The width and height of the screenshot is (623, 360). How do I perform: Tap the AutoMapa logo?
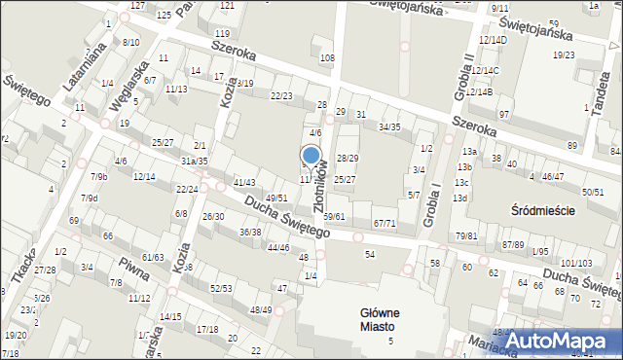562,342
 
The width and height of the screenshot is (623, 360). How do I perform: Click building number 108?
327,58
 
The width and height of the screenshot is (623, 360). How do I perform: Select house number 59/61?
334,216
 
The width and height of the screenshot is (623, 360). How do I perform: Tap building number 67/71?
385,223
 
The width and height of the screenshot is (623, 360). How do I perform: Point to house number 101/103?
576,264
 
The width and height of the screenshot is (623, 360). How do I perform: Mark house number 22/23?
281,95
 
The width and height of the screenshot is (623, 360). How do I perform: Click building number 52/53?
221,288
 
